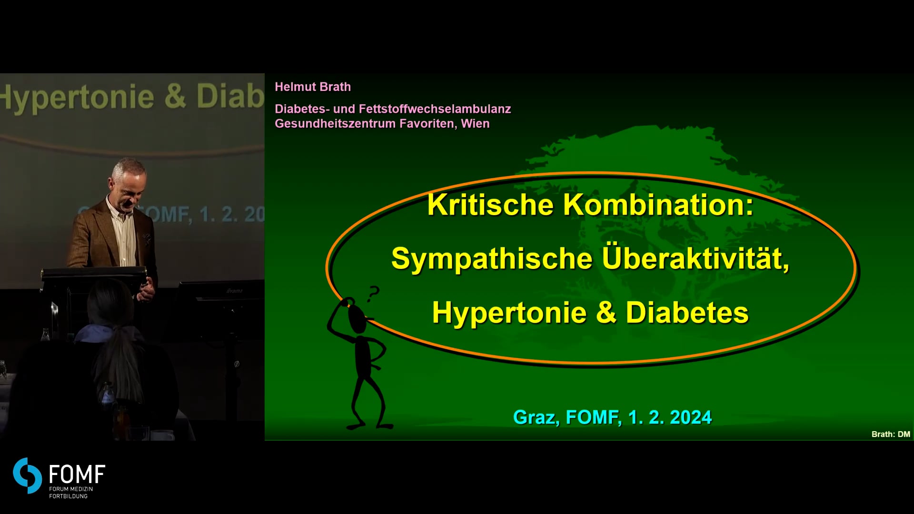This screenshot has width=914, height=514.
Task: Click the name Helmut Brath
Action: (313, 87)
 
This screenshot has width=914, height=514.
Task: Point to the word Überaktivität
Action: (695, 258)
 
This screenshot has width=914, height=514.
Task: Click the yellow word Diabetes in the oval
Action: (687, 313)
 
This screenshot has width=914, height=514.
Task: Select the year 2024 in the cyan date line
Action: (691, 417)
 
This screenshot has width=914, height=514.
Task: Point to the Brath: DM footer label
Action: (891, 434)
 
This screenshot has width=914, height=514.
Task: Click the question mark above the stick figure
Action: (373, 293)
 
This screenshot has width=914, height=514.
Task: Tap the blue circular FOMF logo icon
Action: (28, 475)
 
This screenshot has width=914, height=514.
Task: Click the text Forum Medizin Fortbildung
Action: (71, 493)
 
